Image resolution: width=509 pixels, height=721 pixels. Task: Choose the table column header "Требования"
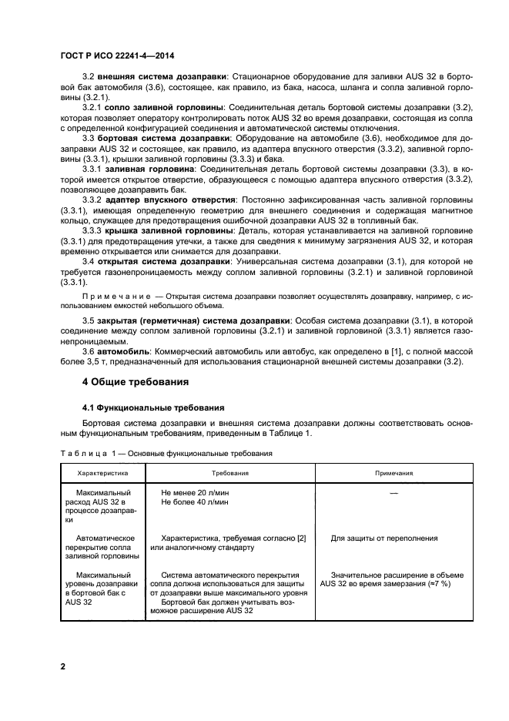point(229,474)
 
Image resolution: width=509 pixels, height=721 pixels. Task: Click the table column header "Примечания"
point(393,474)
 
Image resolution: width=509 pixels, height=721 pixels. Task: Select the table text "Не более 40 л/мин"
point(195,501)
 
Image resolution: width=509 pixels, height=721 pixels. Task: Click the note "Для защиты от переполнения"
point(382,538)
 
